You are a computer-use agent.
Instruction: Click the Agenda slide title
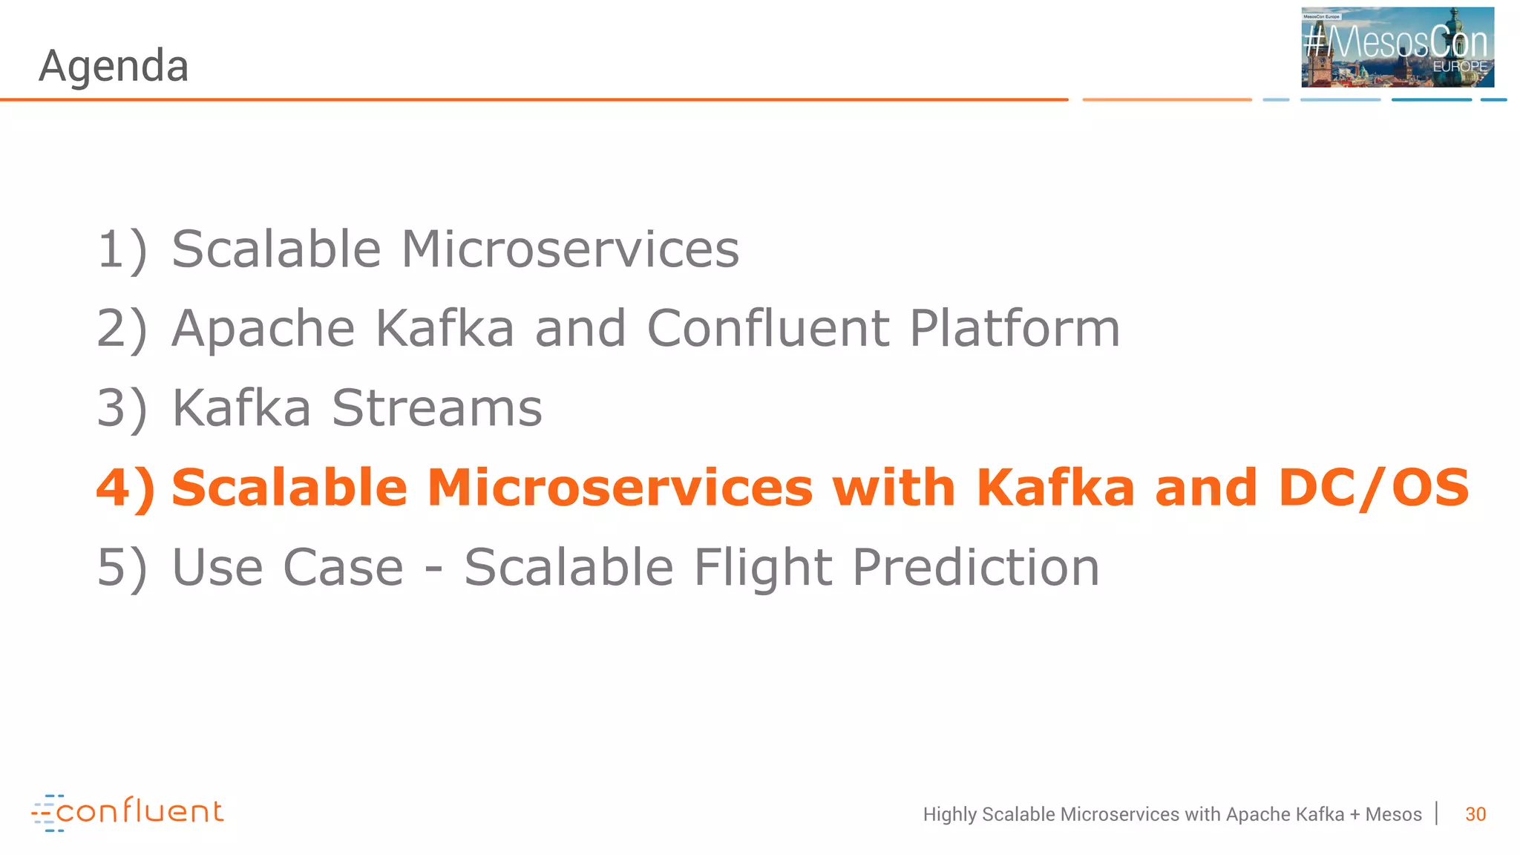coord(114,67)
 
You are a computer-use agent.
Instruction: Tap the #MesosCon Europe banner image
coord(1397,47)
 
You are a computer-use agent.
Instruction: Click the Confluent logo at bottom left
coord(128,812)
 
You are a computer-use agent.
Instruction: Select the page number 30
coord(1475,814)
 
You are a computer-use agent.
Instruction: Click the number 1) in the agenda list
coord(122,250)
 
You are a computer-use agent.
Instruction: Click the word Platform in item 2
coord(1015,329)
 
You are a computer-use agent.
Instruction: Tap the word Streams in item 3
coord(436,408)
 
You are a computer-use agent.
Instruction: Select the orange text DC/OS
coord(1373,488)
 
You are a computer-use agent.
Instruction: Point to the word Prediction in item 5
coord(975,568)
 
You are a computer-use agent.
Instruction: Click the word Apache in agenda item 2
coord(263,329)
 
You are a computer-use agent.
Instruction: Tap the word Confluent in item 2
coord(768,328)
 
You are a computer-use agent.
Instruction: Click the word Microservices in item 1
coord(570,249)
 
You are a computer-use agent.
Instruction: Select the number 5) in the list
coord(122,569)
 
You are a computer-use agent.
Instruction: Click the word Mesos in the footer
coord(1393,814)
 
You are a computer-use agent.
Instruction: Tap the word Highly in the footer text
coord(949,815)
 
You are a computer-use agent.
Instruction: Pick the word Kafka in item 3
coord(241,408)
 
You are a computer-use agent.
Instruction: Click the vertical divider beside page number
coord(1437,813)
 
